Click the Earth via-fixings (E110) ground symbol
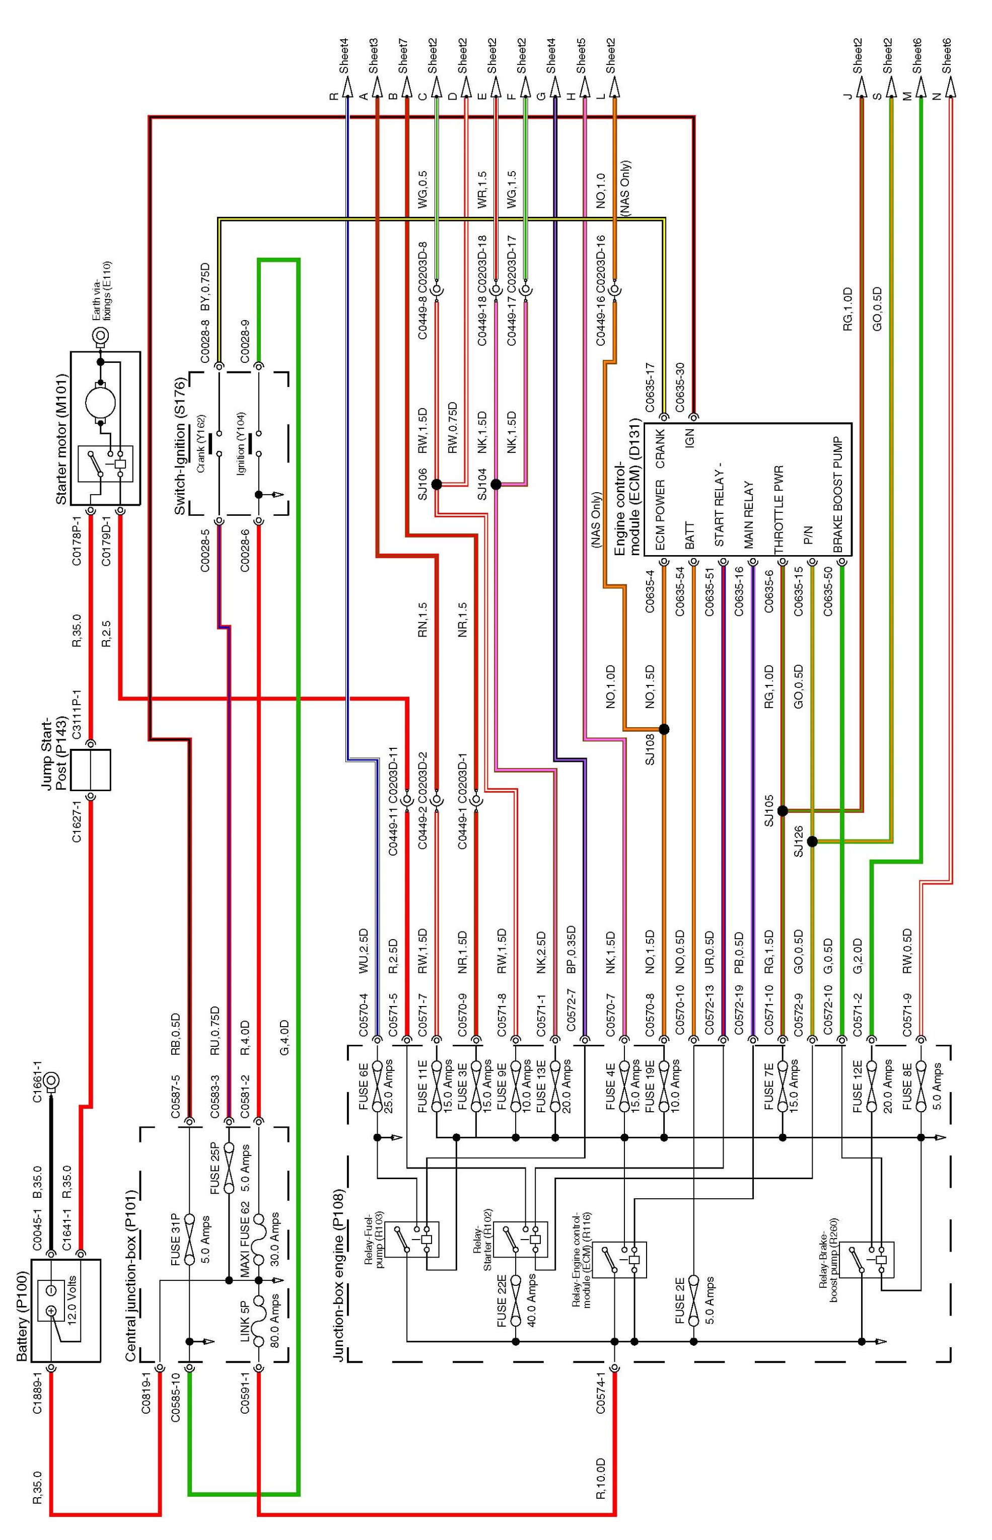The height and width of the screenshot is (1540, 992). pyautogui.click(x=101, y=335)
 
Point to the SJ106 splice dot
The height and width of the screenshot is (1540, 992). pyautogui.click(x=436, y=484)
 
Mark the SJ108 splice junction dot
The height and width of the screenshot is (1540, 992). pyautogui.click(x=664, y=729)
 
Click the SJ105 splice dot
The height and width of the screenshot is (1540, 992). pyautogui.click(x=783, y=811)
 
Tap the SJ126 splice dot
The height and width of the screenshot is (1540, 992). pyautogui.click(x=812, y=841)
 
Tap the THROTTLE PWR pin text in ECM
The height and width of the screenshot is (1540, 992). pyautogui.click(x=779, y=509)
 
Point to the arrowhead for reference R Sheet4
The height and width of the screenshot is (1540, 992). pyautogui.click(x=348, y=84)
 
